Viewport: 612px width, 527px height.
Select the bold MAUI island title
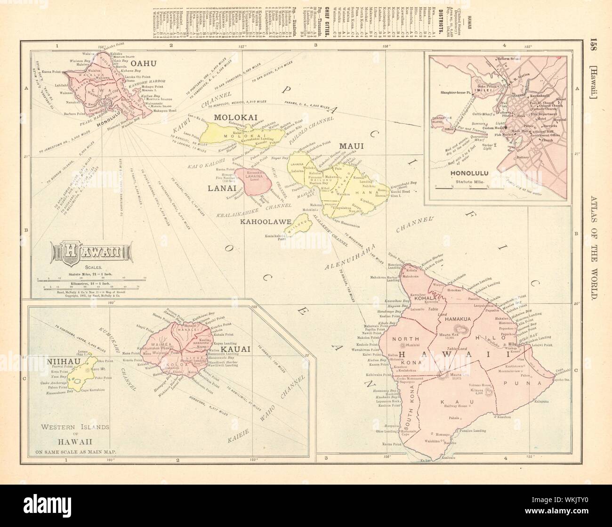tap(350, 147)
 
